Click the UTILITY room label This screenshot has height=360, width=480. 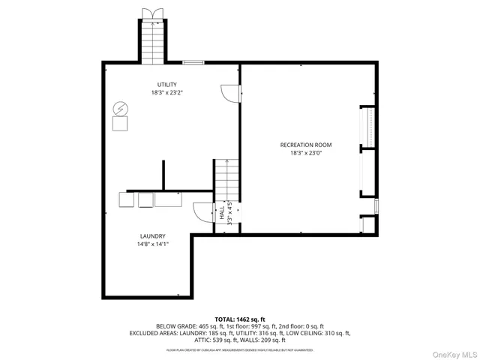point(166,84)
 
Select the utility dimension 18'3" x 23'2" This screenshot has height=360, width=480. point(166,93)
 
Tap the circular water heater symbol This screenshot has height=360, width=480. point(119,109)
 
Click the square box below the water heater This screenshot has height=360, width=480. point(120,124)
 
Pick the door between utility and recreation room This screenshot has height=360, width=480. point(229,94)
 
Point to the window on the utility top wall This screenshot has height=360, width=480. point(193,63)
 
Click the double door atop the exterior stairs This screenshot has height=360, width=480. point(151,13)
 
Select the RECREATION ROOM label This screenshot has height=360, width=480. point(305,145)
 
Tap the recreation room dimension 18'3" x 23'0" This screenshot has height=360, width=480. point(305,153)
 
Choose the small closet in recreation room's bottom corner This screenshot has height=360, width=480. point(367,223)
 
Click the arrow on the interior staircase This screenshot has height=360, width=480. point(226,162)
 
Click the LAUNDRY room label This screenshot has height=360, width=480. point(152,235)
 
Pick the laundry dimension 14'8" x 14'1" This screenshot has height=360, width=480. point(152,244)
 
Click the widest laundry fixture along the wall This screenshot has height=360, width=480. point(169,199)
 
